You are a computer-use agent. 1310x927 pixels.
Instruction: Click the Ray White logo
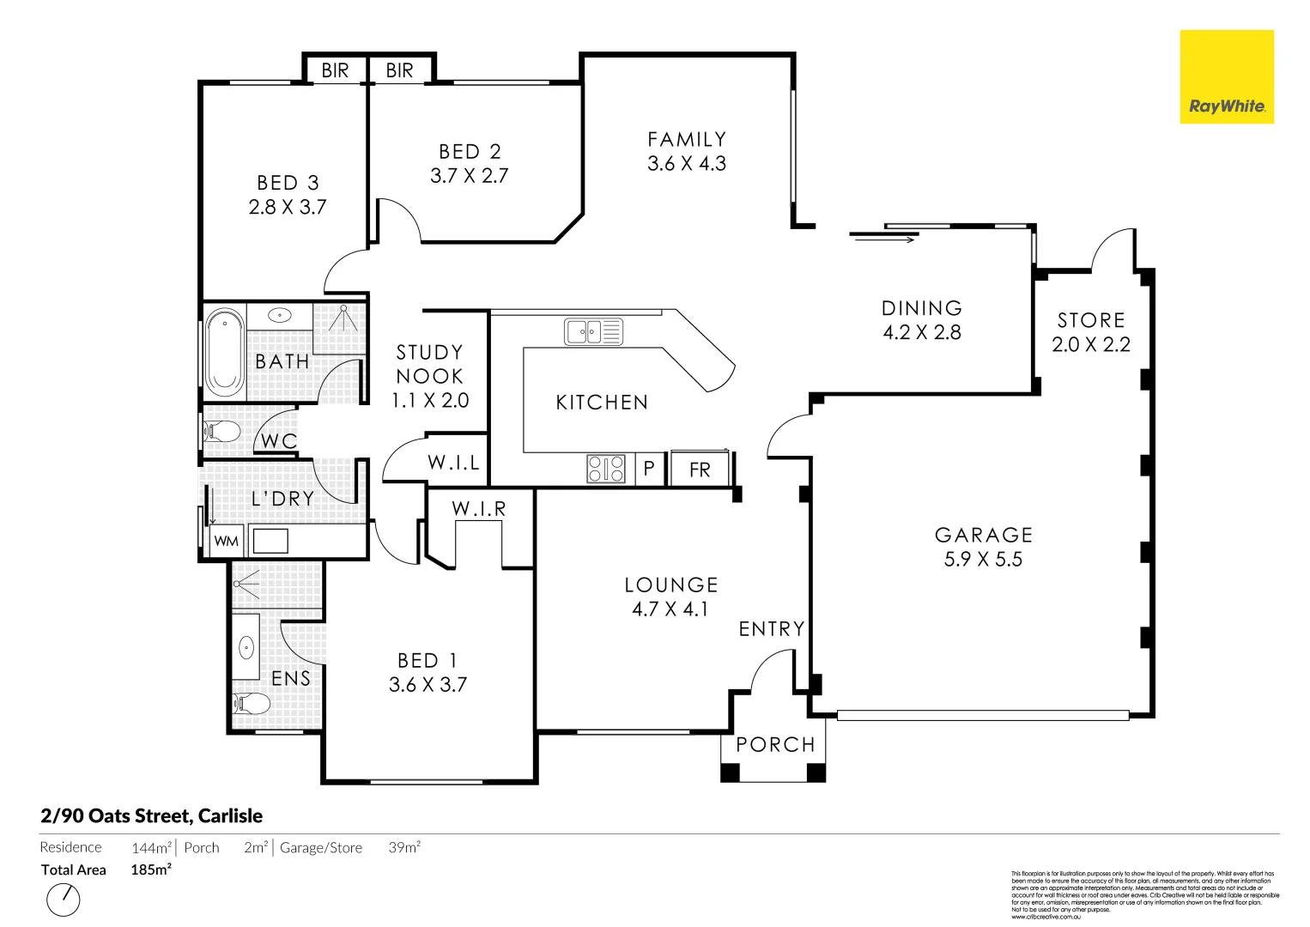[x=1226, y=77]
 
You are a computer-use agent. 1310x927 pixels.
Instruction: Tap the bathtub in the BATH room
[x=224, y=353]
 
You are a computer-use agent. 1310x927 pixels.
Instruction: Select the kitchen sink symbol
[x=593, y=331]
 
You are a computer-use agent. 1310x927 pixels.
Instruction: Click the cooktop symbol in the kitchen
[x=606, y=469]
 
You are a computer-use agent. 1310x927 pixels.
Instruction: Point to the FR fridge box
[x=700, y=470]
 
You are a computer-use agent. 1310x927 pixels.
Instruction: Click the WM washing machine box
[x=227, y=541]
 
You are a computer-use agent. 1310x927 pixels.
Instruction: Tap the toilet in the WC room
[x=222, y=431]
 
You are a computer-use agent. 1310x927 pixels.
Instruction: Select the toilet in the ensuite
[x=252, y=705]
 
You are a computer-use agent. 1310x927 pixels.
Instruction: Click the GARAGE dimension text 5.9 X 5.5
[x=983, y=560]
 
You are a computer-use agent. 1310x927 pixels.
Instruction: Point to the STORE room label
[x=1091, y=320]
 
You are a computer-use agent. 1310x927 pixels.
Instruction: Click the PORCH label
[x=775, y=744]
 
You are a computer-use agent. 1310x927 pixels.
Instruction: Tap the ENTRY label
[x=772, y=629]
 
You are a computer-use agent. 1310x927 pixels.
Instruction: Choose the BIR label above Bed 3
[x=335, y=70]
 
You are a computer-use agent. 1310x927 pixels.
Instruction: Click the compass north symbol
[x=63, y=900]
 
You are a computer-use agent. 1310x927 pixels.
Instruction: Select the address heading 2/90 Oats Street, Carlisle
[x=151, y=815]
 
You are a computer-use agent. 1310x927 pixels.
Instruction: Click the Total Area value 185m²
[x=151, y=869]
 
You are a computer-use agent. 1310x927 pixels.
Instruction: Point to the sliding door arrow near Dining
[x=883, y=239]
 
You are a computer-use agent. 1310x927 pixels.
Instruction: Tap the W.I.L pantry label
[x=453, y=463]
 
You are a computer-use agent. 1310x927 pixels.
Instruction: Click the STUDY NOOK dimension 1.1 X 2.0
[x=430, y=400]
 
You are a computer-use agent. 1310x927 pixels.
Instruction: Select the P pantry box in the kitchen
[x=649, y=469]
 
